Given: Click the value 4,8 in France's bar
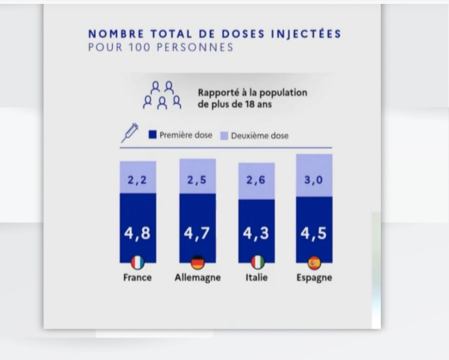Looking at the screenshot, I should tap(138, 234).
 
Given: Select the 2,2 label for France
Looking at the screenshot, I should tap(138, 180).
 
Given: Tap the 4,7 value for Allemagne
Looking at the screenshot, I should tap(198, 234).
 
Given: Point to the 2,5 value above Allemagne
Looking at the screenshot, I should tap(198, 180).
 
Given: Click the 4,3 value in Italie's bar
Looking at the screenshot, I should tap(256, 234).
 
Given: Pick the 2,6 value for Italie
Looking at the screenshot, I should tap(256, 180).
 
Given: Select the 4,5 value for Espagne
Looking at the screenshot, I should tap(313, 234).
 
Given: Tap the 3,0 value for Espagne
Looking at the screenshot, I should tap(313, 180).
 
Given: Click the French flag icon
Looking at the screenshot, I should tap(138, 262).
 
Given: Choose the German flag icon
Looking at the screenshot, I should tap(198, 262).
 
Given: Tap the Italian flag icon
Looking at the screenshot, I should tap(256, 262).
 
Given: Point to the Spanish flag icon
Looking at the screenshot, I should tap(314, 262).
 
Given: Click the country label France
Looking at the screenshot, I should tap(138, 278).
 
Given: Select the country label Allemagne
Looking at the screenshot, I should tap(198, 278).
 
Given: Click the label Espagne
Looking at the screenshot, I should tap(314, 278).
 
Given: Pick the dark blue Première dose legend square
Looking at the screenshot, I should tap(152, 135).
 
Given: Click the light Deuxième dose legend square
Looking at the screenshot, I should tap(224, 136).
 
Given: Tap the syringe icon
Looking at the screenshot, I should tap(130, 133).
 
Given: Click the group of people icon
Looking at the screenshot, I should tap(162, 95).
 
